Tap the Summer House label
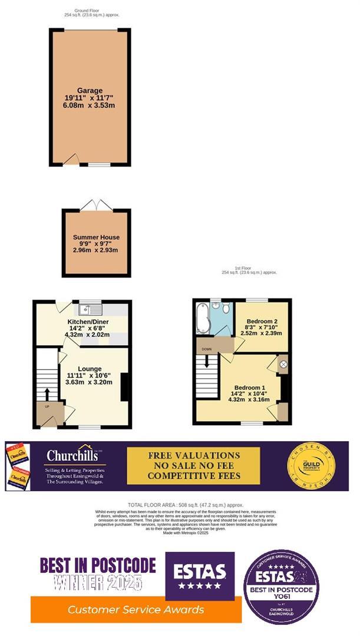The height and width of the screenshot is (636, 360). pyautogui.click(x=95, y=237)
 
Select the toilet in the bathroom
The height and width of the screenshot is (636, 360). pyautogui.click(x=216, y=306)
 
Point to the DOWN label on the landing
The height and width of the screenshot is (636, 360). pyautogui.click(x=206, y=349)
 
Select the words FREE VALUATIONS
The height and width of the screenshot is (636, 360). pyautogui.click(x=194, y=455)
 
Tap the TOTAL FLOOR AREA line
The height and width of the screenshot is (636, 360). pyautogui.click(x=185, y=505)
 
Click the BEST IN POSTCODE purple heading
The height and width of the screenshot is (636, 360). pyautogui.click(x=98, y=566)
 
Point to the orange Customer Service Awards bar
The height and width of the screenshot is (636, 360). pyautogui.click(x=136, y=609)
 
